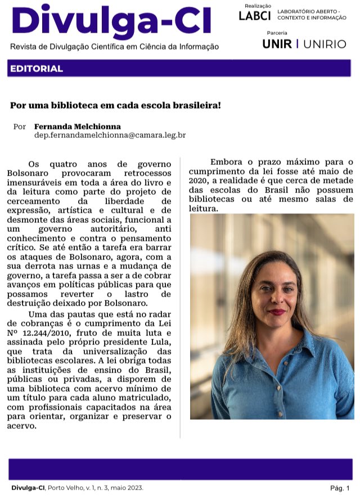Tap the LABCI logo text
254,16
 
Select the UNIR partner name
277,44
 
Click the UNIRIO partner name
325,44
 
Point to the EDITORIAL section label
36,69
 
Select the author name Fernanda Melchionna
77,126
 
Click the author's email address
110,136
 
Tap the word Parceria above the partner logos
277,34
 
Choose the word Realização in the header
257,6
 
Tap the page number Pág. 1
340,488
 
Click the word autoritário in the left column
122,230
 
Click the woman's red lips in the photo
278,312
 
